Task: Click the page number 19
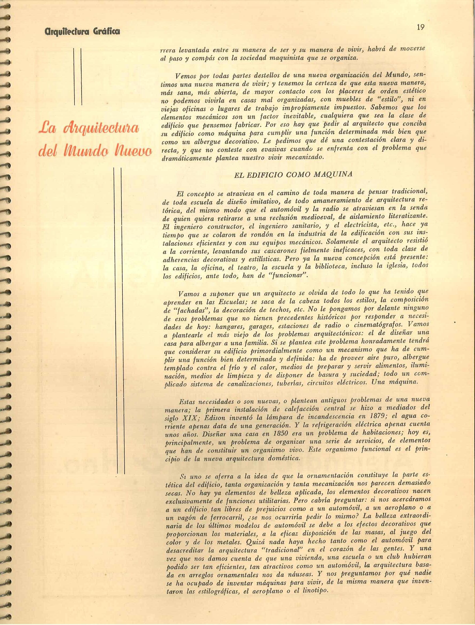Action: (421, 27)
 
